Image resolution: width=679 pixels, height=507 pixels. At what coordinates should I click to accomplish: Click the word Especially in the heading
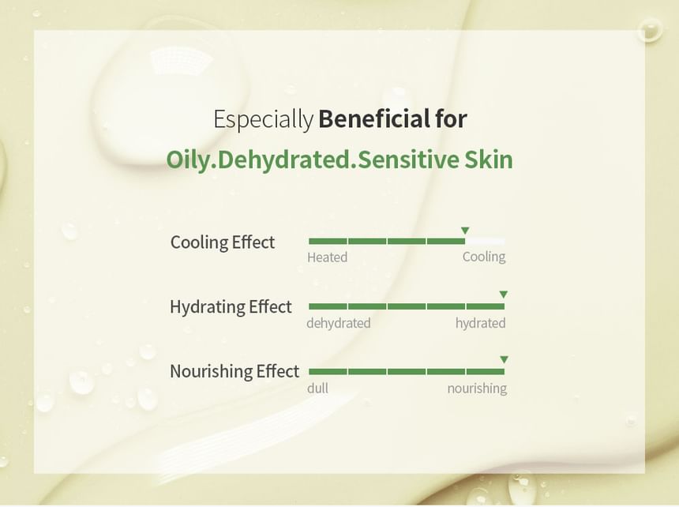(263, 119)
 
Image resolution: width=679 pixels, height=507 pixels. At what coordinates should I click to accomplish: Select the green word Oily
(190, 160)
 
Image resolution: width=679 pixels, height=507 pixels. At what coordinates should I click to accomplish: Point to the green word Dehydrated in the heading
(283, 159)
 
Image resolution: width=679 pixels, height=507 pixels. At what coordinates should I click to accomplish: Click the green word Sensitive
(409, 159)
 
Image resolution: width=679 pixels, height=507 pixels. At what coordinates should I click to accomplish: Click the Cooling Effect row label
(223, 242)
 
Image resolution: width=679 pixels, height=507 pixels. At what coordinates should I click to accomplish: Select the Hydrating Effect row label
(231, 306)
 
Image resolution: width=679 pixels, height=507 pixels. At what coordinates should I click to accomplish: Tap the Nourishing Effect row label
(234, 371)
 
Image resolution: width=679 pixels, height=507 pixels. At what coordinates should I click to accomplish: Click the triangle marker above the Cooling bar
(465, 231)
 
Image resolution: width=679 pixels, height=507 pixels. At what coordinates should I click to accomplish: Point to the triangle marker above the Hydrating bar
(503, 295)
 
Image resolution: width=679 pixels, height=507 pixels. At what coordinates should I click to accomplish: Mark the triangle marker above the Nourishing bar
(504, 359)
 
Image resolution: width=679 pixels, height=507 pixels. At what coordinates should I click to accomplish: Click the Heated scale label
(328, 257)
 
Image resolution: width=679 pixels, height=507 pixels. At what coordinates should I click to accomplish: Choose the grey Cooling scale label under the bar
(484, 257)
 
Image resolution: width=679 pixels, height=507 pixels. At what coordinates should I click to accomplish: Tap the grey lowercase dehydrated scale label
(339, 323)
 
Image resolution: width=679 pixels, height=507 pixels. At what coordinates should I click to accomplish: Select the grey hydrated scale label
(481, 323)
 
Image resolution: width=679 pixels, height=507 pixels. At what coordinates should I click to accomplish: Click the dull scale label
(318, 388)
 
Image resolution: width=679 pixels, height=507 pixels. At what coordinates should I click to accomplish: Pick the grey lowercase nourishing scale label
(477, 389)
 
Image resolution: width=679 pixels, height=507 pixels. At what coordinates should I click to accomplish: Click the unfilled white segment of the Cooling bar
(485, 241)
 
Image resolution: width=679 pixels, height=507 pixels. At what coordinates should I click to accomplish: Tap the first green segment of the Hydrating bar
(328, 306)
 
